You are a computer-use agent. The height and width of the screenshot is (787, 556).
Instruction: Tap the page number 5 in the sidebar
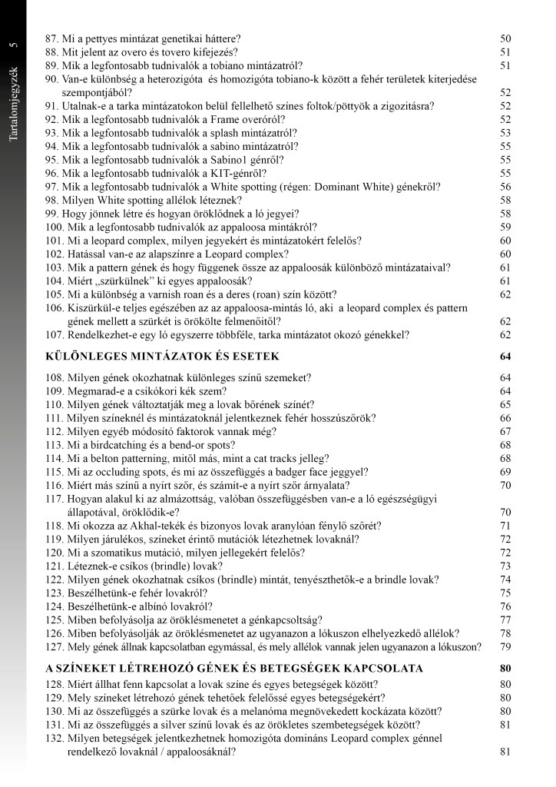pos(13,45)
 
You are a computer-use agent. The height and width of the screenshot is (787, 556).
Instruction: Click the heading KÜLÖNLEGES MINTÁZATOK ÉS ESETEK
pos(163,357)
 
